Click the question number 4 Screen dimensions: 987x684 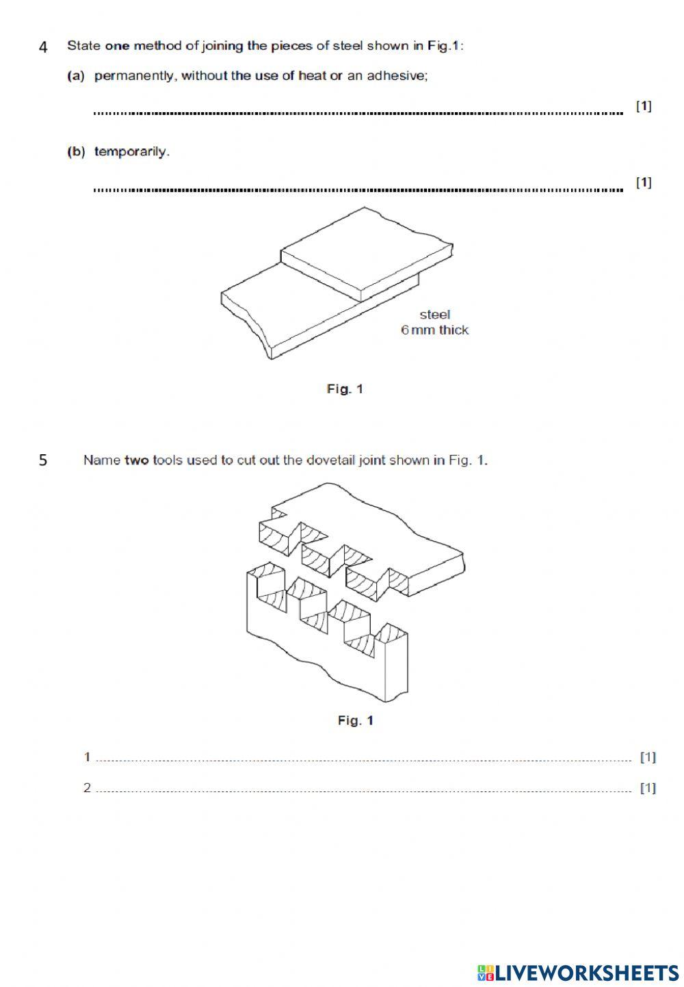[x=43, y=47]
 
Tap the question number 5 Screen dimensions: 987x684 [x=43, y=460]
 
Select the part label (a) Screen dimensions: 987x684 [x=75, y=76]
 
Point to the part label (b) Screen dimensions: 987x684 [x=75, y=152]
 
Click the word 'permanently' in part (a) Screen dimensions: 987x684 [x=134, y=76]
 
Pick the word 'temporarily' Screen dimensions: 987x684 [x=131, y=152]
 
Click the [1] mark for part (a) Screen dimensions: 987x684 [x=643, y=106]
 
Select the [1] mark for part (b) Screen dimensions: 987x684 [x=643, y=182]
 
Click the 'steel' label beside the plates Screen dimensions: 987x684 [x=434, y=315]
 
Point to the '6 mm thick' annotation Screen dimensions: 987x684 [x=434, y=330]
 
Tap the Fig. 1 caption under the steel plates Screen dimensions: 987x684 [x=345, y=389]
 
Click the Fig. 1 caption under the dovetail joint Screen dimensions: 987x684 [x=355, y=720]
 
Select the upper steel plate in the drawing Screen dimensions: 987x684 [x=366, y=250]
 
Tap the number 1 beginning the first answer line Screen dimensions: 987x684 [x=87, y=756]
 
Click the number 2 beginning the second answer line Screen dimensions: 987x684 [x=87, y=787]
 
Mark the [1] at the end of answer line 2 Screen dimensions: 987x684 [x=647, y=788]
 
